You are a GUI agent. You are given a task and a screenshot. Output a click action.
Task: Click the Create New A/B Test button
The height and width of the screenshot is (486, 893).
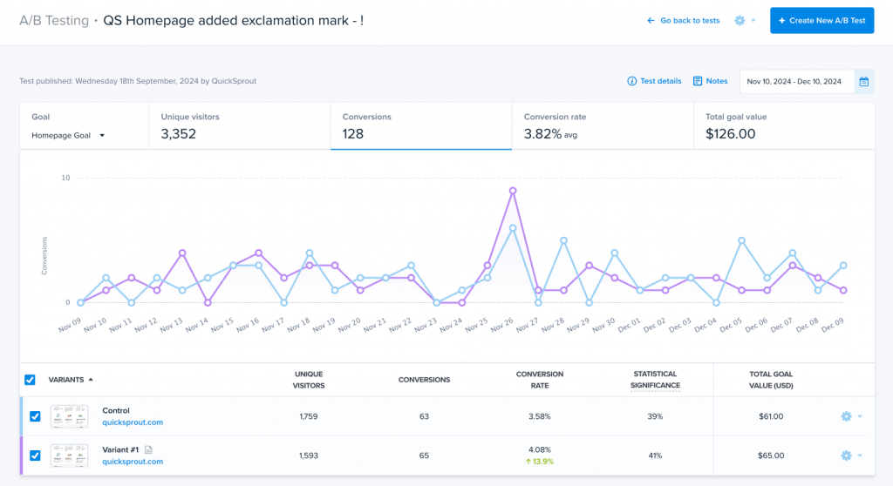click(821, 20)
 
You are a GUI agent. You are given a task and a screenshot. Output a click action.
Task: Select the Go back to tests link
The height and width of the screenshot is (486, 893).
click(684, 20)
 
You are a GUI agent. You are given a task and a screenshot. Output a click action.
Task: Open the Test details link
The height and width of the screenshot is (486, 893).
click(655, 81)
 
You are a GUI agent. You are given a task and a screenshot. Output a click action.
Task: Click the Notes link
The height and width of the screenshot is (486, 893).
click(711, 81)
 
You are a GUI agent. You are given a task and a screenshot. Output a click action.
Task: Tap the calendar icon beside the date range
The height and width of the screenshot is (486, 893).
click(863, 82)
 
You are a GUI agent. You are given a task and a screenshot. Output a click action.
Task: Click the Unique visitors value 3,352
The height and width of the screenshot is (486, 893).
click(179, 134)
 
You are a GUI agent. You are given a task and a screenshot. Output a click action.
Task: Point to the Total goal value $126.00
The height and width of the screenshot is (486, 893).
click(730, 134)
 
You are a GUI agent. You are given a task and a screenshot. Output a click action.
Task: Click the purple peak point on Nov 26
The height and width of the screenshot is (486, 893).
click(513, 190)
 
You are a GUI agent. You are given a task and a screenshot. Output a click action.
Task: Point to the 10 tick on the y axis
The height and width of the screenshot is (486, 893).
click(65, 178)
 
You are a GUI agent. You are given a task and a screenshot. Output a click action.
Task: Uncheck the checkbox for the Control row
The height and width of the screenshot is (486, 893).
click(35, 416)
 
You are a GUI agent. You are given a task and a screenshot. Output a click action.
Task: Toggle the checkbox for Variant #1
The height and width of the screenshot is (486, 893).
click(35, 455)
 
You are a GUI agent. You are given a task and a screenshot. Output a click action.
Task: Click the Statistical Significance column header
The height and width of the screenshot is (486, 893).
click(655, 380)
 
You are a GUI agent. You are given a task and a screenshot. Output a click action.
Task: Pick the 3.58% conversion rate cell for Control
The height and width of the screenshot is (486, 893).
click(539, 416)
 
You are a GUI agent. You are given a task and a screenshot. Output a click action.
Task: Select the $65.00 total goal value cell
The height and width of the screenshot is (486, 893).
click(770, 455)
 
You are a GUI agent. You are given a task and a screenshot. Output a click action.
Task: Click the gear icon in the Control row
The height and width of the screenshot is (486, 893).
click(845, 416)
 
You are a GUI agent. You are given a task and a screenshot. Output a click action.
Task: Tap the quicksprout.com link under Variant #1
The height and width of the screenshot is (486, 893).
click(133, 462)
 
